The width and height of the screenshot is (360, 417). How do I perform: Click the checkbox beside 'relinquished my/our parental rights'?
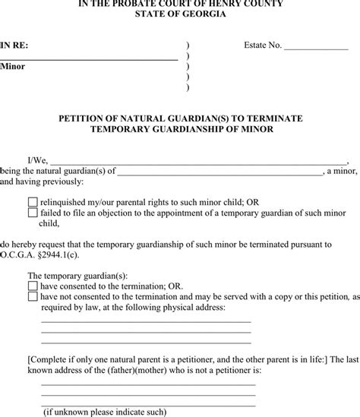pyautogui.click(x=33, y=203)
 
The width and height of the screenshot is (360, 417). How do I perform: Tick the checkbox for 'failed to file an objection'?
pyautogui.click(x=33, y=213)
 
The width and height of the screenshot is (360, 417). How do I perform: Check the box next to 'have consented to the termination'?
pyautogui.click(x=33, y=286)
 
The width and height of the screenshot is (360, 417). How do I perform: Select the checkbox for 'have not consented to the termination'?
pyautogui.click(x=33, y=296)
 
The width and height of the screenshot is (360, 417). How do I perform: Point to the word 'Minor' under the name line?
pyautogui.click(x=13, y=67)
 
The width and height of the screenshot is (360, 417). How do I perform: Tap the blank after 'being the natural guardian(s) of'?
pyautogui.click(x=219, y=172)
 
